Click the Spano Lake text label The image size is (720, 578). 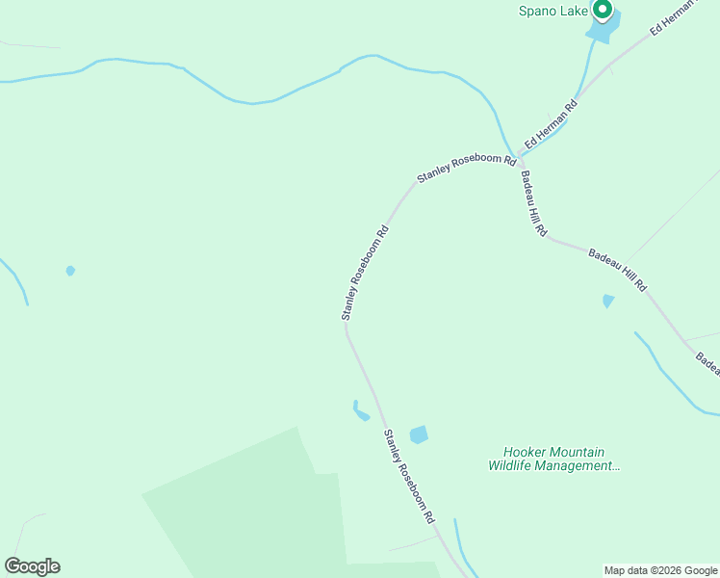553,12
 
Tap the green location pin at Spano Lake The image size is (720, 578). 603,11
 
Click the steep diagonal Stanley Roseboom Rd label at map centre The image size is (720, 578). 364,273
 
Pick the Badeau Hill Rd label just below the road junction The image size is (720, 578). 534,204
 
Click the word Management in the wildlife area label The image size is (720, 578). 580,466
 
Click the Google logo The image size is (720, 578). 32,566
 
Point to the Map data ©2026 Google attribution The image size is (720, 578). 660,570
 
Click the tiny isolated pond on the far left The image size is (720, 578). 70,271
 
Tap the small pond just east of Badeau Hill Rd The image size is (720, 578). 607,301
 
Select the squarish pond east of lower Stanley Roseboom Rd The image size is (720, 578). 419,435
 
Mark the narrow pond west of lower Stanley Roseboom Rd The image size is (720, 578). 360,412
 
